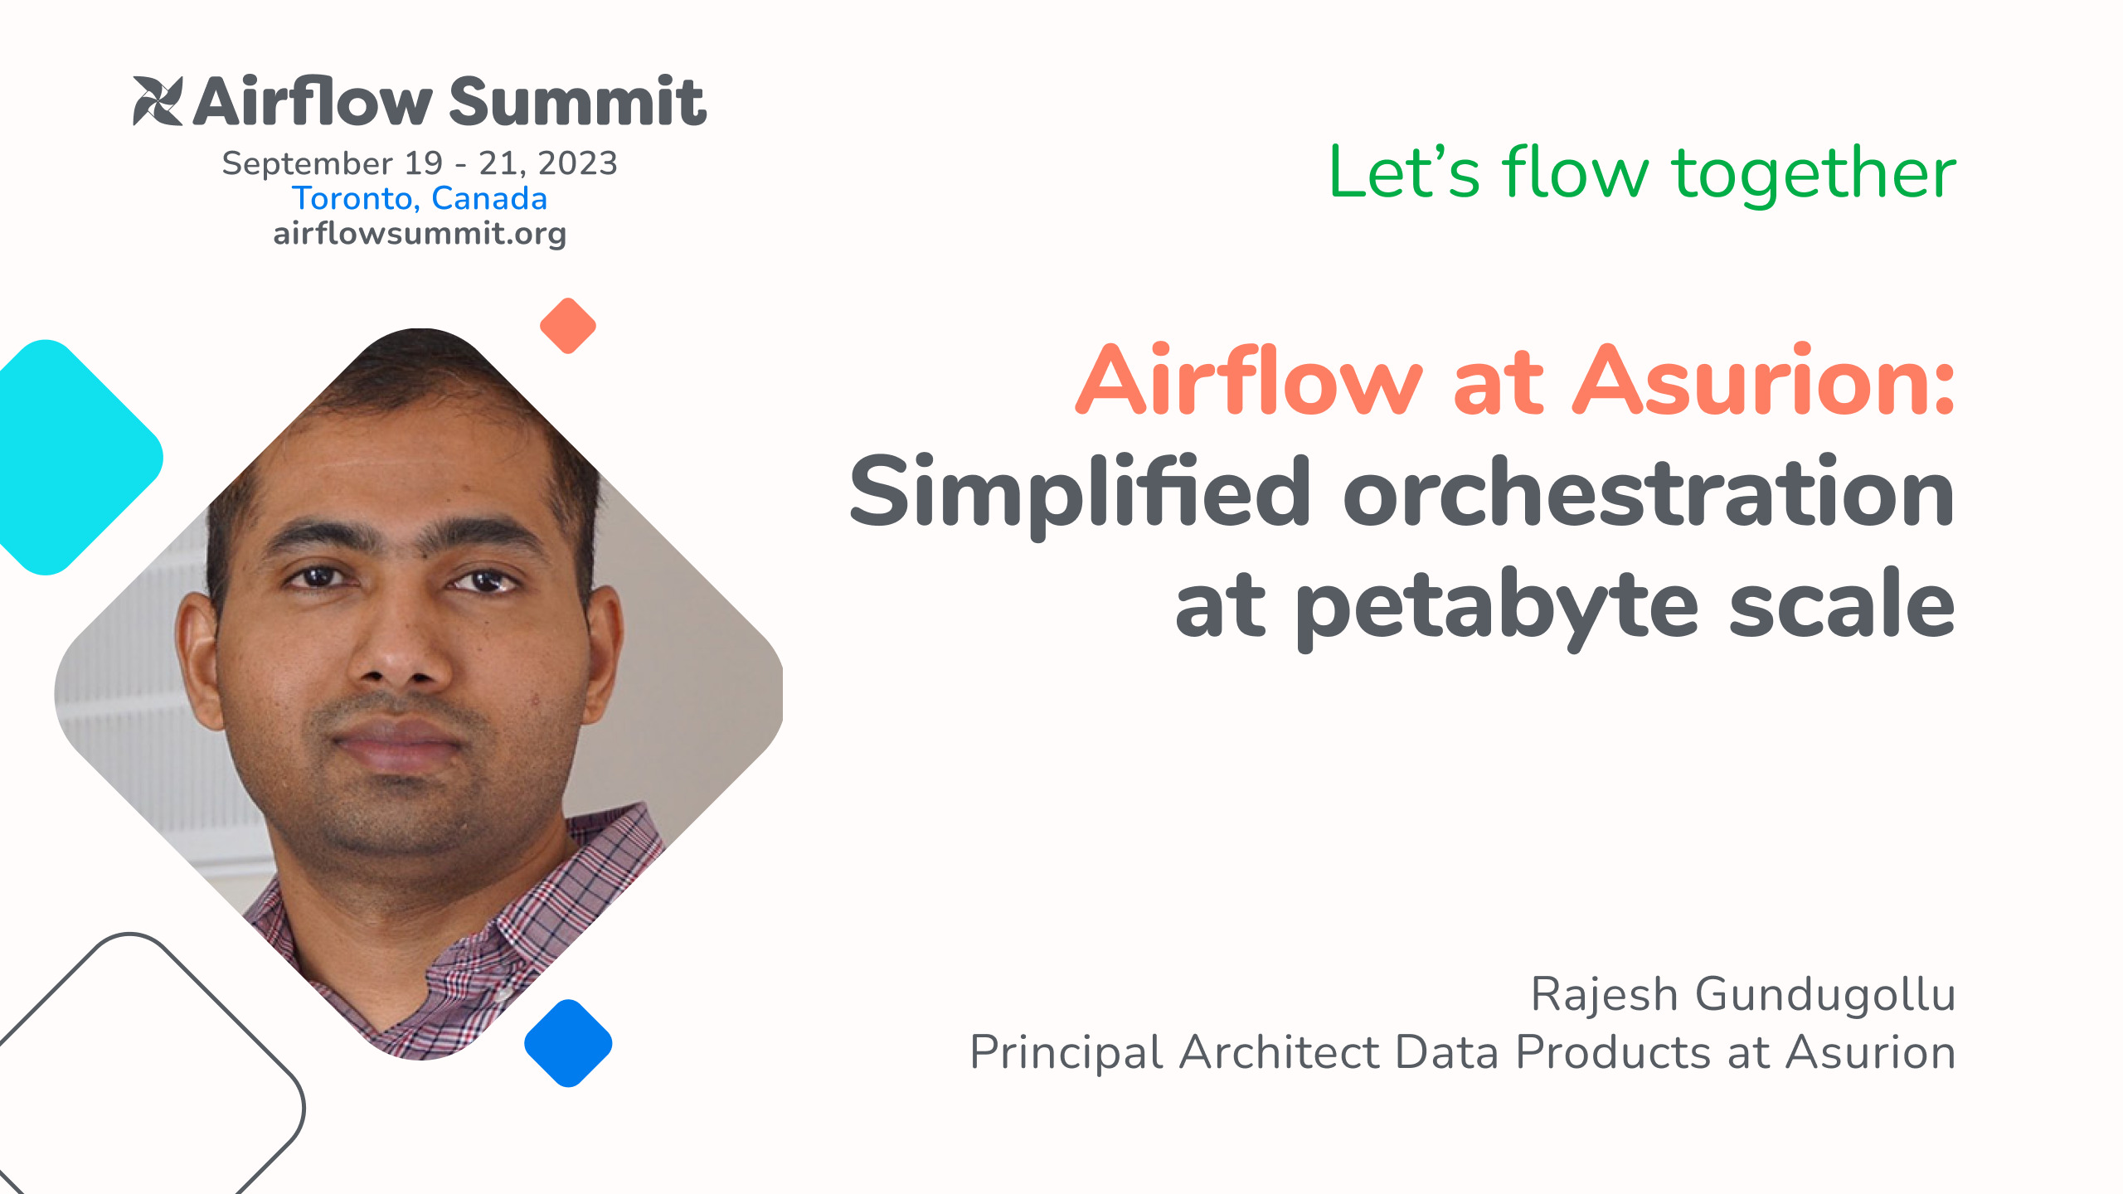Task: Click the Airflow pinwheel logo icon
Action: (158, 101)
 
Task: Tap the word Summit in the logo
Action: (578, 101)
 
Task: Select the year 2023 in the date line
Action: (577, 163)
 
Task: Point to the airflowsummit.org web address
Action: (420, 234)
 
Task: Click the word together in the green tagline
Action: (1815, 174)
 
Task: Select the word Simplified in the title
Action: (1079, 494)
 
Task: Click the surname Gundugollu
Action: (1825, 995)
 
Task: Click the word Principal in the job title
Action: (1066, 1054)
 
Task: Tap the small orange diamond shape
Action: (568, 326)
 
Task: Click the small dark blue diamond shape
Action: (568, 1043)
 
